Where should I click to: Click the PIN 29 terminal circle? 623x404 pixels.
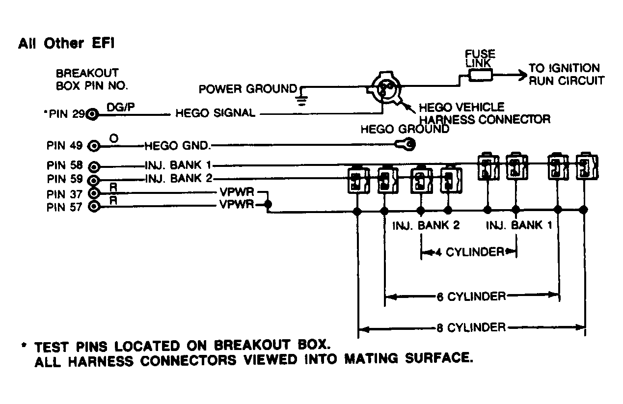coord(92,115)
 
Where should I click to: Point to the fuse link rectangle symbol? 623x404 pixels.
coord(481,75)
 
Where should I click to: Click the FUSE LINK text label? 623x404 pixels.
coord(480,58)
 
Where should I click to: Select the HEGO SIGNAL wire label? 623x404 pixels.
coord(215,113)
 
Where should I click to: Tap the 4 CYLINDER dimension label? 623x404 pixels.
coord(470,252)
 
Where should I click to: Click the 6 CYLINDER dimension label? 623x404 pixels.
coord(470,296)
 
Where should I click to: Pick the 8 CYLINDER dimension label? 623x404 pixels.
coord(470,327)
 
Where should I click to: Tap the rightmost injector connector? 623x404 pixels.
coord(585,167)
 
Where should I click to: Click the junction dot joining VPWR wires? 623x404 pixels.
coord(267,204)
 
